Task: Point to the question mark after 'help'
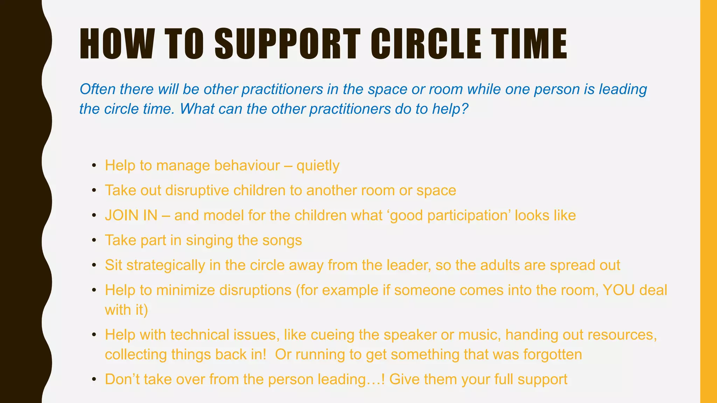tap(465, 109)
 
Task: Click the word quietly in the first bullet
tap(318, 166)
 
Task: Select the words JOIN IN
tap(131, 215)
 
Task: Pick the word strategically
tap(166, 266)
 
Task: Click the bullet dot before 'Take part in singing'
tap(94, 241)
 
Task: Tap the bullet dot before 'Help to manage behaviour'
tap(94, 166)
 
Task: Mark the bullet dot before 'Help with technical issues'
tap(94, 335)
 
